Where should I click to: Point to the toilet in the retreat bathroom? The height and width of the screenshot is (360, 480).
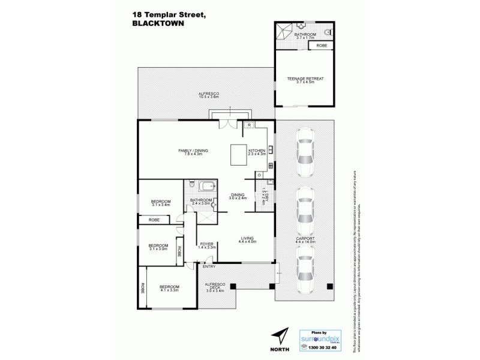(327, 30)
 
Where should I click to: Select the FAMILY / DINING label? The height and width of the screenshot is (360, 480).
(193, 151)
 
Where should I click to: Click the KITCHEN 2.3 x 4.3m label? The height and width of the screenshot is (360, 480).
(265, 152)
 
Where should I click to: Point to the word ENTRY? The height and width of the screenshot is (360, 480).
(209, 266)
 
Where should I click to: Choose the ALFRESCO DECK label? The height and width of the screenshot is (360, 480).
(215, 289)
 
